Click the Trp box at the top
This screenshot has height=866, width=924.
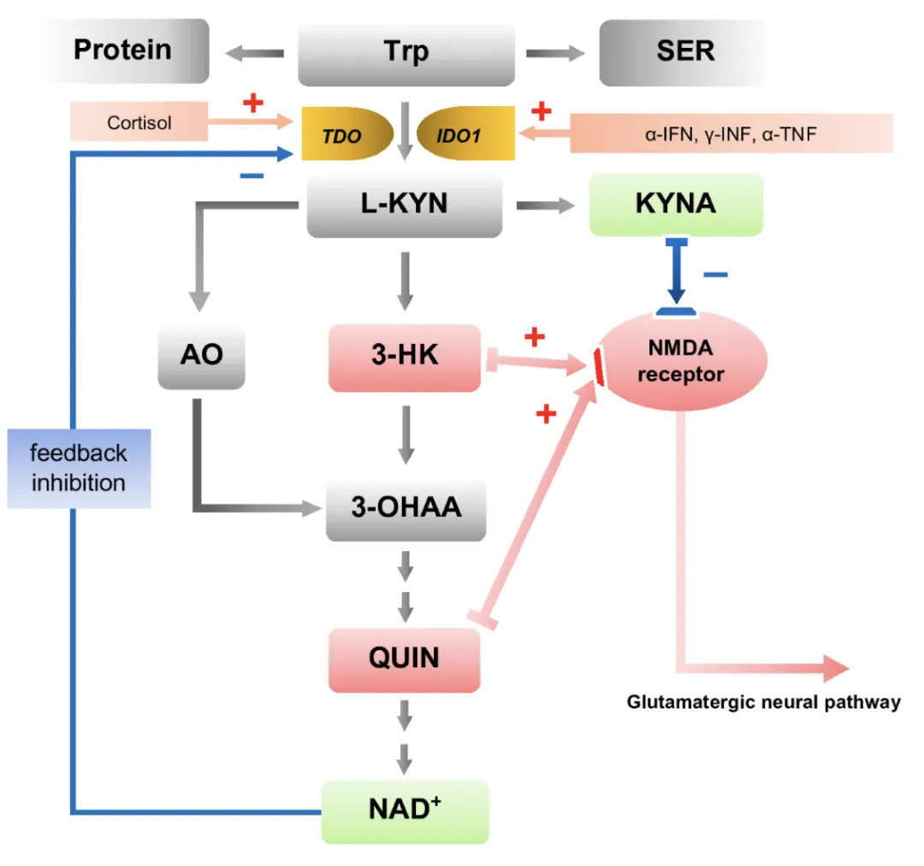tap(406, 51)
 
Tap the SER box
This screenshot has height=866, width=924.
tap(684, 51)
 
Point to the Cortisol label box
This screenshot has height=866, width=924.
tap(139, 122)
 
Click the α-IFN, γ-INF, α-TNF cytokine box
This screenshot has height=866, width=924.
tap(731, 133)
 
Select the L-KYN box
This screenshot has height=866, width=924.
tap(404, 206)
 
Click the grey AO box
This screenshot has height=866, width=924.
tap(201, 355)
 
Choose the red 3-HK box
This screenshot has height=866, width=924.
tap(405, 357)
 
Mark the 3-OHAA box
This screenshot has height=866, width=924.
tap(406, 507)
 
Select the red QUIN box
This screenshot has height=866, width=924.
tap(404, 658)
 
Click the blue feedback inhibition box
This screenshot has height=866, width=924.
tap(79, 467)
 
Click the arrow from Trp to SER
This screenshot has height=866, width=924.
tap(554, 53)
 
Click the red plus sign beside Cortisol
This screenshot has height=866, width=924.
tap(252, 104)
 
